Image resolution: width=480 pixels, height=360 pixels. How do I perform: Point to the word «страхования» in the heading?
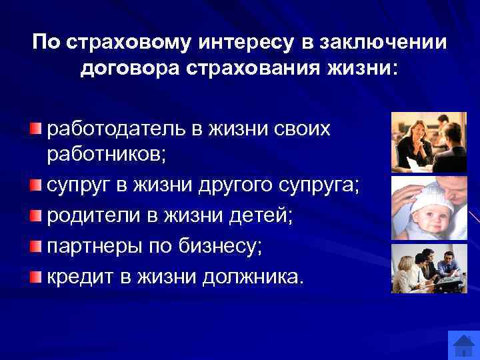tap(255, 68)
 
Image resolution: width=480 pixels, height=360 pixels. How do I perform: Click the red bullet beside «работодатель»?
tap(35, 128)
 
